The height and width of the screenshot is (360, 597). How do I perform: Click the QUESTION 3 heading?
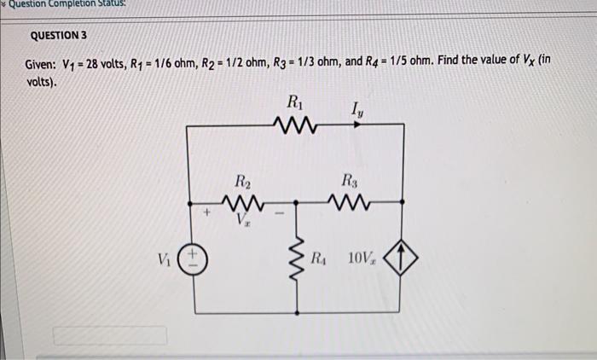(58, 37)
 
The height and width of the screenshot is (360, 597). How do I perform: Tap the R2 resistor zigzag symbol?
(242, 203)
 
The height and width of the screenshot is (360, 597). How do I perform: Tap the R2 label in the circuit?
(242, 181)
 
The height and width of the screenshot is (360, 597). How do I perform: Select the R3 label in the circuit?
(351, 181)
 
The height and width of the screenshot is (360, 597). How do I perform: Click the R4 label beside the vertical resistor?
(318, 257)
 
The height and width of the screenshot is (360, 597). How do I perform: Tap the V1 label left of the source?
(162, 258)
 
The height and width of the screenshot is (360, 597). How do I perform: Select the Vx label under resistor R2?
(243, 221)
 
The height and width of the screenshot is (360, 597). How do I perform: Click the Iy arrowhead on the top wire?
(358, 125)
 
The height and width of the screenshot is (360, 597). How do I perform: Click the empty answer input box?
(110, 335)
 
